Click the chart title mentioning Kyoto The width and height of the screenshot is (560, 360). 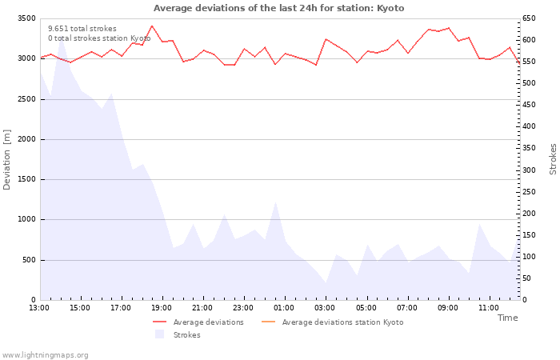[x=279, y=8]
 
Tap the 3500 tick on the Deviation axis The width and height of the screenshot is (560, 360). [x=26, y=18]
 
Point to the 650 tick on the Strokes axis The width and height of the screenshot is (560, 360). [x=529, y=18]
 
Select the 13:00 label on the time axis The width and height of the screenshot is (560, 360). [x=39, y=308]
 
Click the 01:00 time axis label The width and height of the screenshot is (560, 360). [x=284, y=308]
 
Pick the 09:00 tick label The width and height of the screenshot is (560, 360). [x=448, y=308]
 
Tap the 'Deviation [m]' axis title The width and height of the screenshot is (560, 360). [x=6, y=160]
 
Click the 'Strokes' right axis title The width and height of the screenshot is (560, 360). [x=553, y=159]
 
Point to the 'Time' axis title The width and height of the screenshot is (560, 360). [x=507, y=318]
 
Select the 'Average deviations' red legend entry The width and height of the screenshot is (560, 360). [x=198, y=322]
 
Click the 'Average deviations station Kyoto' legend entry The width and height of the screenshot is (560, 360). [x=333, y=322]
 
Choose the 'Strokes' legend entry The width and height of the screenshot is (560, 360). [x=178, y=334]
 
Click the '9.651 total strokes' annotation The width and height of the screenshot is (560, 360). [x=82, y=29]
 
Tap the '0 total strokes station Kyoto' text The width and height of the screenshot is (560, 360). [x=99, y=38]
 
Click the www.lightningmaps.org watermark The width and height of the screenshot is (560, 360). [x=44, y=355]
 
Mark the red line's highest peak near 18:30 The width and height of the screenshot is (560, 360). [x=152, y=26]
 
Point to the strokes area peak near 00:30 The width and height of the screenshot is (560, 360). [x=275, y=202]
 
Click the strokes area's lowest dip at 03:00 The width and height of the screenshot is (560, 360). [x=326, y=283]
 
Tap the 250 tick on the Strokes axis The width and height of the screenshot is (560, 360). [x=529, y=192]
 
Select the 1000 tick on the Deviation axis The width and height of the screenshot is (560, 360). [x=26, y=219]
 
